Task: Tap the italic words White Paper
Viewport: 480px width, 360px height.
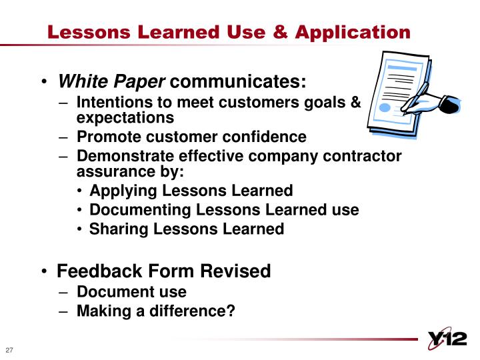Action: click(x=111, y=81)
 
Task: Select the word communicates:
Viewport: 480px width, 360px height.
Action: click(x=237, y=81)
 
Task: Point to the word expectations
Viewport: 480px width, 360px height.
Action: click(x=125, y=118)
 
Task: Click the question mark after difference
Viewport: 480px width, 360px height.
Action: click(x=231, y=311)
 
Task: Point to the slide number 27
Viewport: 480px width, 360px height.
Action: click(x=10, y=351)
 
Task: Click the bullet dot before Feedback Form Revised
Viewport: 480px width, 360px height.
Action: click(x=44, y=272)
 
